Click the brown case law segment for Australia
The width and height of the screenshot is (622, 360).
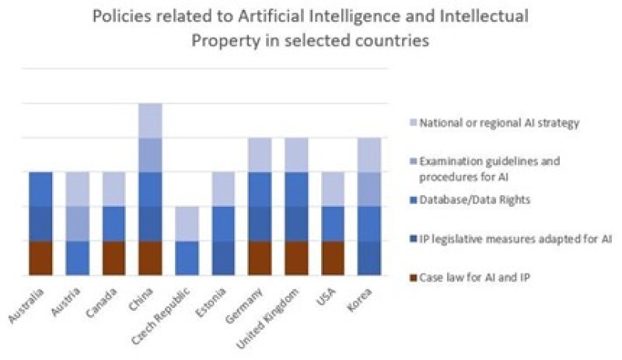point(40,258)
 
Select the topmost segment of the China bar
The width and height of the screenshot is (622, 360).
point(150,121)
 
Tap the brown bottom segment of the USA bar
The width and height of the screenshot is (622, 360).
point(334,258)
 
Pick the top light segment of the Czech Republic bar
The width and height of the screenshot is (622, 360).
point(187,224)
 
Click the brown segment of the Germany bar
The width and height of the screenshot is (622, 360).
point(260,258)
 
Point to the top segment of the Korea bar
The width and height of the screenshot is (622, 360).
point(370,155)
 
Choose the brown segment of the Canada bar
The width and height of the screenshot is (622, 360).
point(114,258)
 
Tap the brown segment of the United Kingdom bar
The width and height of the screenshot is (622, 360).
point(297,258)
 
